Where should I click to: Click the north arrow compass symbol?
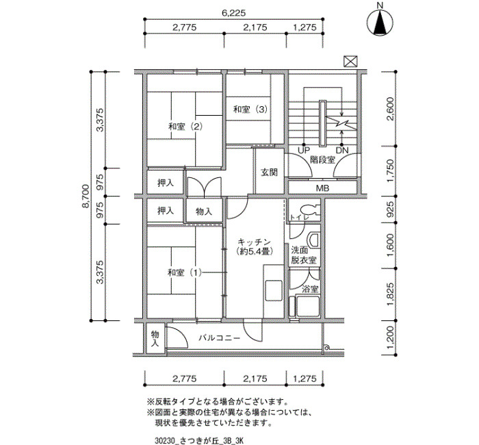(x=380, y=22)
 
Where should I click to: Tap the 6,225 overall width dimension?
(x=233, y=13)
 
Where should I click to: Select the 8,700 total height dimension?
(x=86, y=196)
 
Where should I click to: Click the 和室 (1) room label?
(x=185, y=272)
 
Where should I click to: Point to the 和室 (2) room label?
(x=185, y=126)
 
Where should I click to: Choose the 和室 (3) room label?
(x=250, y=109)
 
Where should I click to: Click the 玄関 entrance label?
(x=269, y=173)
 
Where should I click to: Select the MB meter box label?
(x=322, y=188)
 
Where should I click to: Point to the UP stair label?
(x=304, y=150)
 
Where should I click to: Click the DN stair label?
(x=342, y=150)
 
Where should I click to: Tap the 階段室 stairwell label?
(x=322, y=160)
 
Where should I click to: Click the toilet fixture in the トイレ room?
(x=309, y=209)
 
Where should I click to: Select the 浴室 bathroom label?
(x=310, y=289)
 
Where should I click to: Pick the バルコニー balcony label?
(x=220, y=338)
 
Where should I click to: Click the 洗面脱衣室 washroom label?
(x=303, y=255)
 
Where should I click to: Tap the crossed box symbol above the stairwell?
(x=350, y=62)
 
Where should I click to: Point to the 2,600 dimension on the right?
(x=391, y=109)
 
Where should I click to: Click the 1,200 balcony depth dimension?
(x=391, y=338)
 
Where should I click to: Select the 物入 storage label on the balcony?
(x=155, y=338)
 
